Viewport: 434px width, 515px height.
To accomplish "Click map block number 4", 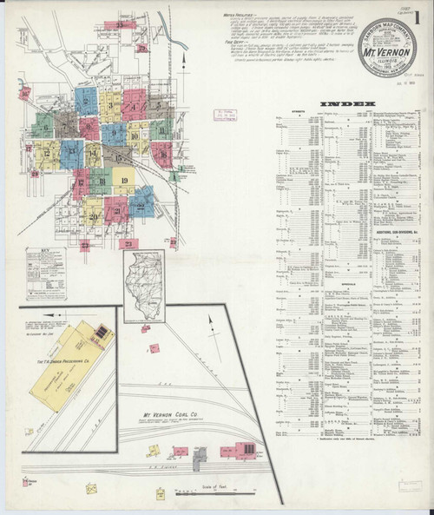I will point(134,109).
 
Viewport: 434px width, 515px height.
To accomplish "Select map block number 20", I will point(93,213).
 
